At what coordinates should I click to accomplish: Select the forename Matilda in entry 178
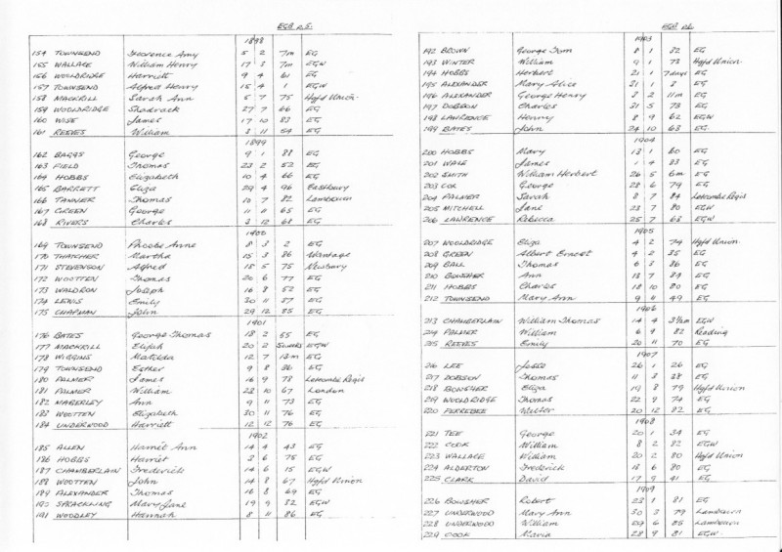(x=146, y=358)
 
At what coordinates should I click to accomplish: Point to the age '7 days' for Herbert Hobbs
(x=673, y=73)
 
